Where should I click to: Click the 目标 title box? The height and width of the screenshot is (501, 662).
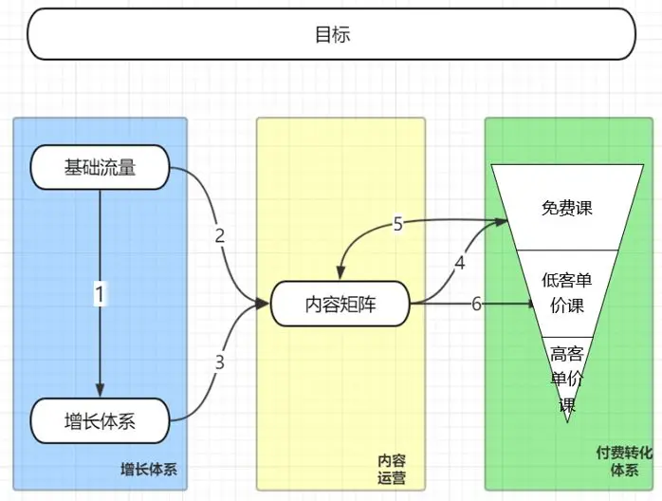coord(331,34)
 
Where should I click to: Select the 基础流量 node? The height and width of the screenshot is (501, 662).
coord(100,168)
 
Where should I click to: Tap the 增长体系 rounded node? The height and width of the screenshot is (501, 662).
coord(100,420)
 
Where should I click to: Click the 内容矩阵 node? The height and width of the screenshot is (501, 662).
coord(340,304)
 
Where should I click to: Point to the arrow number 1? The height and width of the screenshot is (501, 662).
coord(100,294)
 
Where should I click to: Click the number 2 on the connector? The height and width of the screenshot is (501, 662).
coord(220,236)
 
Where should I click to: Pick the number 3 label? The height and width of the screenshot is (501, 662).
coord(219,362)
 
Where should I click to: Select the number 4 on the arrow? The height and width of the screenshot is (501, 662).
coord(460,263)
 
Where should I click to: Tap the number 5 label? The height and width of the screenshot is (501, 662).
coord(398,224)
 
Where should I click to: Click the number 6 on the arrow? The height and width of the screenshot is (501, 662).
coord(476,304)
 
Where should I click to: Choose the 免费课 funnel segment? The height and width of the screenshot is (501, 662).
coord(567,207)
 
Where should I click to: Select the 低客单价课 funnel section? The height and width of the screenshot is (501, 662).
coord(567,293)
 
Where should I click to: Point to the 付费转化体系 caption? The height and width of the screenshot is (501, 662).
coord(623,461)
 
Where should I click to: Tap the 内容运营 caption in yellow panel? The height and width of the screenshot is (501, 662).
coord(385,470)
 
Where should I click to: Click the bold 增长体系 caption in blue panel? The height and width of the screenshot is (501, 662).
coord(149,470)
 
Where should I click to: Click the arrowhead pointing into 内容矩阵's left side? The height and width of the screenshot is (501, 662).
coord(265,304)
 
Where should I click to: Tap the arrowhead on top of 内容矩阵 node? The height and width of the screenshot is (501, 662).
coord(340,276)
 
